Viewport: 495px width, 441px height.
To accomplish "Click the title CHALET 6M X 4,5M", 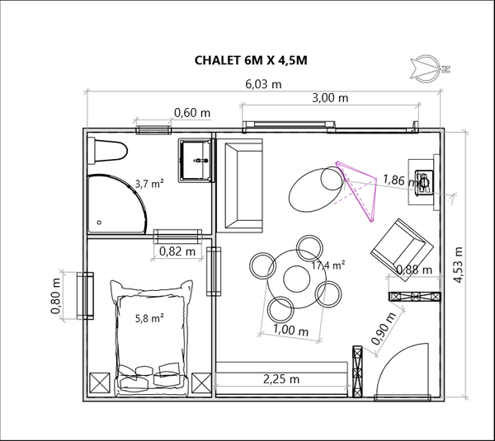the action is tap(251, 60).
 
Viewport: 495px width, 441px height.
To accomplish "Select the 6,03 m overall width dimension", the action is tap(263, 84).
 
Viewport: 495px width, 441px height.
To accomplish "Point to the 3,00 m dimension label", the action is tap(330, 98).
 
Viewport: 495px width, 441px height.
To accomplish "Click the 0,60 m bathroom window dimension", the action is tap(192, 113).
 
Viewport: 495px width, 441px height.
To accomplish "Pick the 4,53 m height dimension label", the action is tap(458, 265).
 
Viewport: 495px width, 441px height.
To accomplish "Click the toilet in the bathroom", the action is tap(107, 151).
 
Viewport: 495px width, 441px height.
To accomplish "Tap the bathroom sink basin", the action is tap(196, 160).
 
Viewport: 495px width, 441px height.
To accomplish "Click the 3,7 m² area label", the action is tap(149, 183).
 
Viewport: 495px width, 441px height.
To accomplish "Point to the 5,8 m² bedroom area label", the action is tap(149, 318).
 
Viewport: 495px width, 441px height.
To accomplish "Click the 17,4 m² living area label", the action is tap(328, 265).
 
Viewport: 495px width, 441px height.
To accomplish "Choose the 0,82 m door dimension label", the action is tap(177, 251).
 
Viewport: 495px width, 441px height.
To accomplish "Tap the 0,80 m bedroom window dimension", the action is tap(55, 296).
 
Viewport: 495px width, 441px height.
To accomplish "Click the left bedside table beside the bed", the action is tap(100, 383).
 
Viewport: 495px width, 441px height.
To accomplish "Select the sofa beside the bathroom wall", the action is tap(243, 185).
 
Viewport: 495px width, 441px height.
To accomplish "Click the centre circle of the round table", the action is tap(297, 279).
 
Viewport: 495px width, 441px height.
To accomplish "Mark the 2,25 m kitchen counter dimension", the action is tap(281, 379).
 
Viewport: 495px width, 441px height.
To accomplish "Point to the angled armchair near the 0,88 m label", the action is tap(402, 250).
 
